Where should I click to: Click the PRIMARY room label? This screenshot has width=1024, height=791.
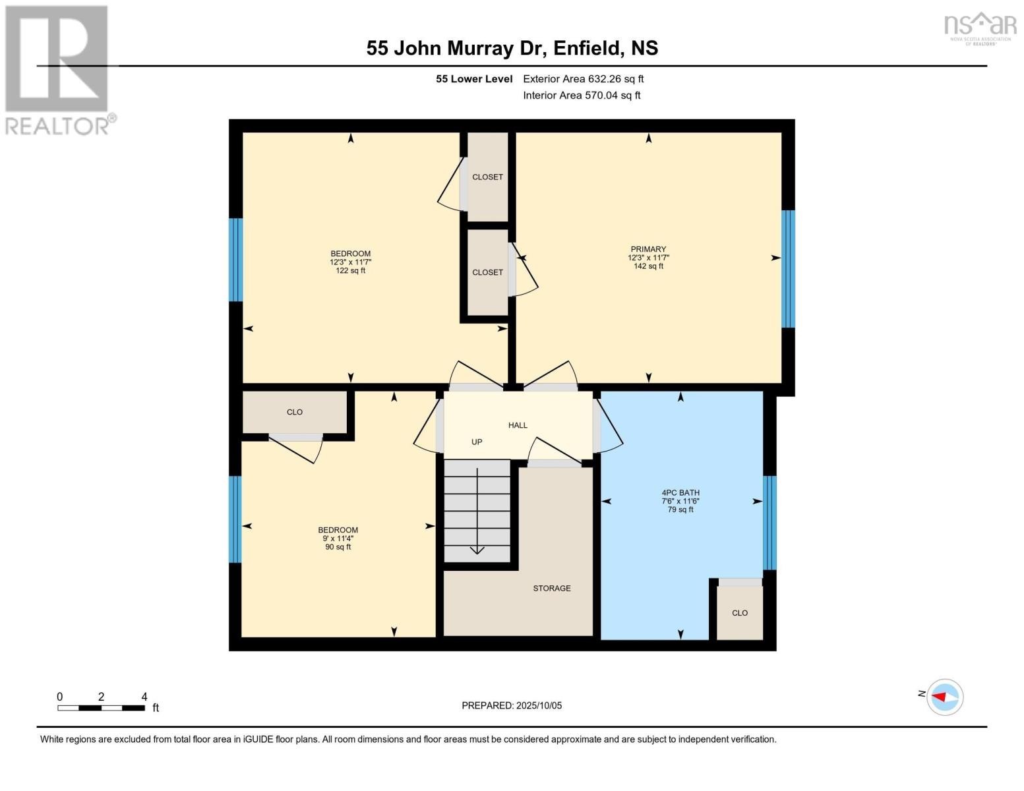click(x=648, y=250)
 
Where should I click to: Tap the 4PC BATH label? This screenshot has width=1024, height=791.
click(x=680, y=492)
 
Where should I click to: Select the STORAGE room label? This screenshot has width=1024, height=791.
click(x=552, y=588)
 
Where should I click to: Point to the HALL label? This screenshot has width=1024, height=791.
click(x=518, y=425)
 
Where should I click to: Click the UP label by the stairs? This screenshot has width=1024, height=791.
click(x=477, y=442)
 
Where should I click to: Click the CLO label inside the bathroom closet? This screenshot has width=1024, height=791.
click(x=739, y=613)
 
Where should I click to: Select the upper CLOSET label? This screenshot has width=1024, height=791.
click(x=487, y=177)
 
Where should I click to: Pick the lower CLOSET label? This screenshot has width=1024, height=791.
click(x=487, y=272)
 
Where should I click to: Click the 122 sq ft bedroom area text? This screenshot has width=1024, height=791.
click(x=350, y=270)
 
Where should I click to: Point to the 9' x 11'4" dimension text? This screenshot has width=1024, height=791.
click(x=338, y=539)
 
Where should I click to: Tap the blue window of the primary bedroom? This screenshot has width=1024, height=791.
click(x=788, y=268)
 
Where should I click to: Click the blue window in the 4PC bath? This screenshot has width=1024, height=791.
click(x=769, y=522)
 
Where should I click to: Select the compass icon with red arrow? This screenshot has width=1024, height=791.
click(x=945, y=697)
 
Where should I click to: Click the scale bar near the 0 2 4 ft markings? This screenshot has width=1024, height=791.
click(x=101, y=708)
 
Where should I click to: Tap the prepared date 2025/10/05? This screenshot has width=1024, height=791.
click(x=512, y=705)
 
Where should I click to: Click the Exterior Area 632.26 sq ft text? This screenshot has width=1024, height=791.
click(x=583, y=79)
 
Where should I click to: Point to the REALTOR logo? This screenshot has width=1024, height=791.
click(x=58, y=69)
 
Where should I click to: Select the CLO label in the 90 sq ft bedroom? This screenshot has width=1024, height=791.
click(x=294, y=412)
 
